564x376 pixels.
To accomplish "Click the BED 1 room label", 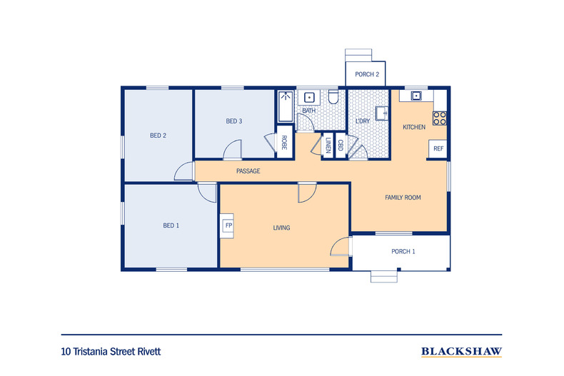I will (x=171, y=225).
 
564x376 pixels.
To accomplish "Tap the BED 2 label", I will (x=158, y=135).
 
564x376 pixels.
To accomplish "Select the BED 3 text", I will (x=234, y=121).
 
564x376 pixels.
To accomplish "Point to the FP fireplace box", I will (x=229, y=225).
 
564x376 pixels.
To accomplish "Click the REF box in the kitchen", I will (x=438, y=148).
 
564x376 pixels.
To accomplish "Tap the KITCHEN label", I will (x=414, y=127).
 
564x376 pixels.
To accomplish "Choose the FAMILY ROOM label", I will (x=403, y=198).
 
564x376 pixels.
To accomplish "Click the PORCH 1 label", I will (x=403, y=251).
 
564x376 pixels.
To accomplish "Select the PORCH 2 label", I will (x=367, y=74).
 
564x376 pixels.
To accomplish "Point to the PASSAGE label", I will (x=248, y=171).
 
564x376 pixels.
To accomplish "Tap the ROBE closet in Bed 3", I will (x=283, y=143).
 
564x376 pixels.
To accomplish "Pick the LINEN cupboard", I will (x=328, y=146).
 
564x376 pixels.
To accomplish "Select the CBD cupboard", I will (x=341, y=146).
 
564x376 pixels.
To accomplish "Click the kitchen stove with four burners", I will (x=440, y=117).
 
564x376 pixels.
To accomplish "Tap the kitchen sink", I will (x=415, y=96).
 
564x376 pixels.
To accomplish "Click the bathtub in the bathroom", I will (x=286, y=107).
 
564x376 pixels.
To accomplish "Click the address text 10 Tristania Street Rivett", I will (x=116, y=352).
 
